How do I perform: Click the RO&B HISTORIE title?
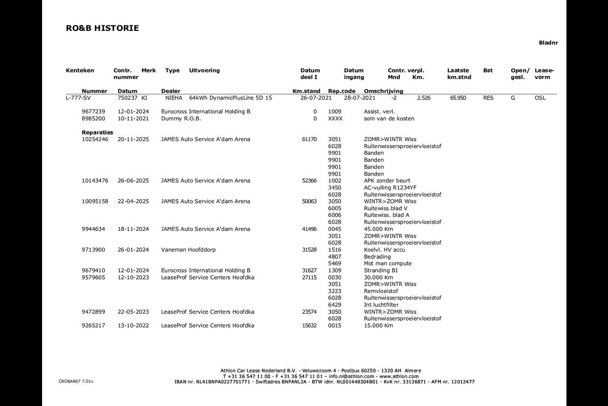point(102,28)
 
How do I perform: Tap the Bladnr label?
point(548,43)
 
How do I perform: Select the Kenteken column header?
point(80,71)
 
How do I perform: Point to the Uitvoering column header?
point(204,71)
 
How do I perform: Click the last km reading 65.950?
point(458,97)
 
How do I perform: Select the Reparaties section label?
point(97,132)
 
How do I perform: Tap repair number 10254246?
point(95,139)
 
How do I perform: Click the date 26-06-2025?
point(133,181)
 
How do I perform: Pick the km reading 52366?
point(309,181)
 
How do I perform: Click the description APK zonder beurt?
point(387,181)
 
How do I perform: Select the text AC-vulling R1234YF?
point(390,187)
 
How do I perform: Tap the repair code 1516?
point(335,250)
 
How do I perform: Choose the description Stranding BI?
point(381,270)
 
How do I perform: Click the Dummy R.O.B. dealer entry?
point(181,118)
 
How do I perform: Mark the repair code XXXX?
point(335,118)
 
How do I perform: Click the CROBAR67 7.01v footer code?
point(76,381)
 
